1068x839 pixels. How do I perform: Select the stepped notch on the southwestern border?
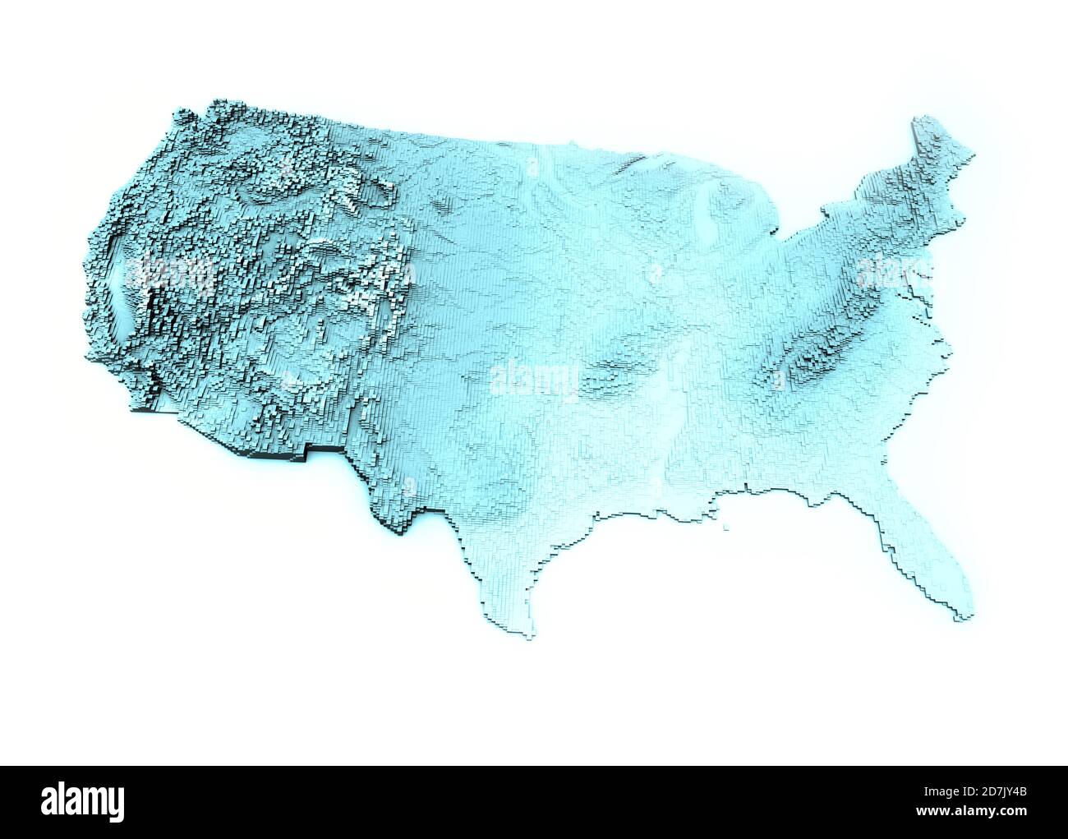pos(308,450)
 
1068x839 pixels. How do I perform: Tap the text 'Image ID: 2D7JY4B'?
pos(969,792)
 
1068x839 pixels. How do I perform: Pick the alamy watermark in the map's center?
pos(534,380)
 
